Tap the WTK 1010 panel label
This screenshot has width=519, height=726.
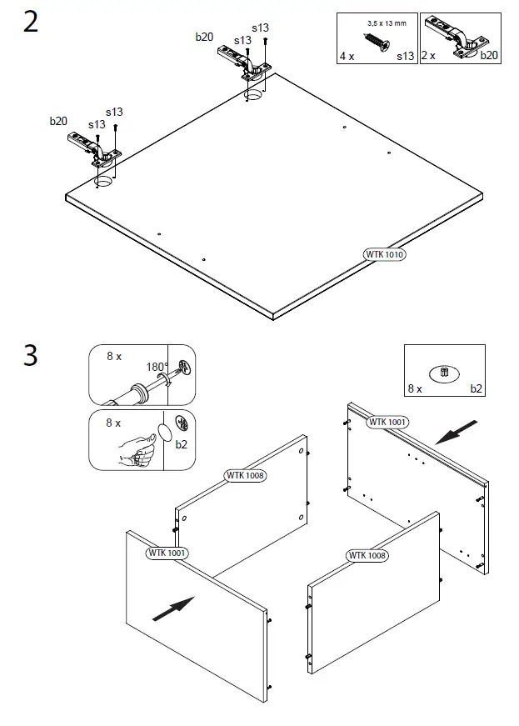point(384,254)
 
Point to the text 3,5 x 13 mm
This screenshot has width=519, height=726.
point(387,23)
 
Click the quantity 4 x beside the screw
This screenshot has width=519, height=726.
point(347,56)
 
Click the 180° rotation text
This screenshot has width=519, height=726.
point(157,367)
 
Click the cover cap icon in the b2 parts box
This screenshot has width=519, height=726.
point(444,373)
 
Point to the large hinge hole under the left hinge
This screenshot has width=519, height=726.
point(104,181)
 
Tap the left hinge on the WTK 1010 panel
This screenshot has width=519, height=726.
point(93,146)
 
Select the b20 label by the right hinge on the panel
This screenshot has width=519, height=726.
point(204,37)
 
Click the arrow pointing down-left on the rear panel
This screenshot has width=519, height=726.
point(457,433)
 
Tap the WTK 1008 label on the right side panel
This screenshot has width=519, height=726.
point(367,554)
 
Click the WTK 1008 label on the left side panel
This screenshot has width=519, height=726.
point(246,475)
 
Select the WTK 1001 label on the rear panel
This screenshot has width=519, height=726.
point(387,422)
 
